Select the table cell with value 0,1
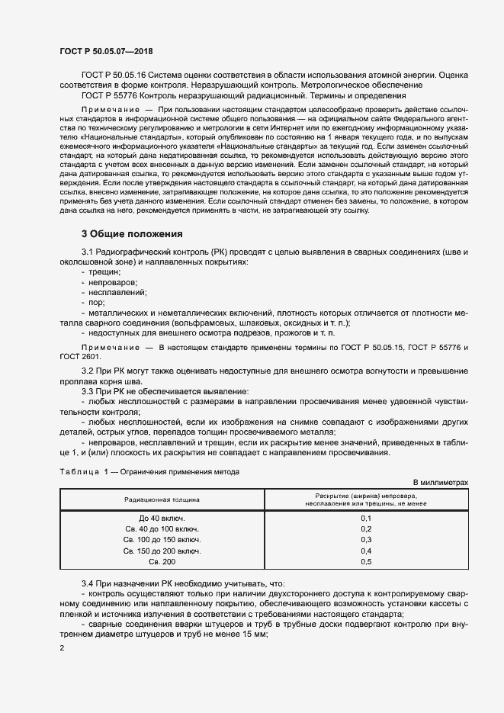point(365,518)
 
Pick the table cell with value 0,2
point(365,528)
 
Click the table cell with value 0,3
point(365,539)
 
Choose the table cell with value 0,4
point(365,550)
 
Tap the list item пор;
point(99,303)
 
